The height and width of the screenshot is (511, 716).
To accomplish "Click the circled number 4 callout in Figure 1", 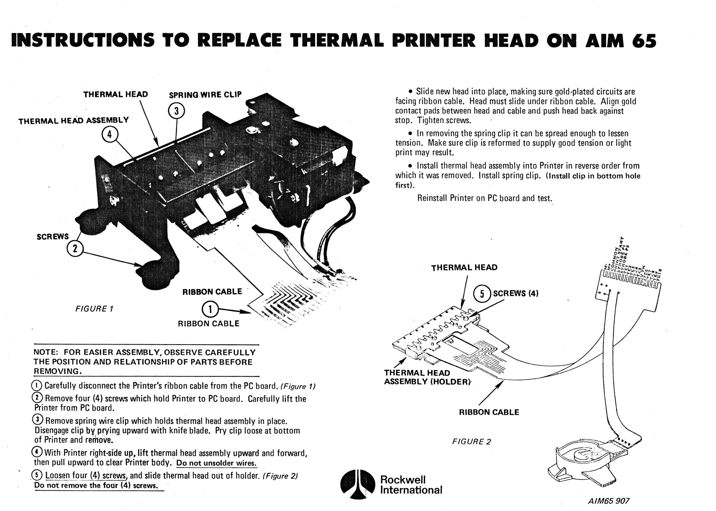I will pos(109,135).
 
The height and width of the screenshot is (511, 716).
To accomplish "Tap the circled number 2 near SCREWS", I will pos(75,249).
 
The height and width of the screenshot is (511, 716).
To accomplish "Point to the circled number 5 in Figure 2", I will pos(482,294).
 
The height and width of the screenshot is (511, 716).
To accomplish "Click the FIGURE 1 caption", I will pos(94,309).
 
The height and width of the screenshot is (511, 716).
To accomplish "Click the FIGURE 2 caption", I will pos(471,441).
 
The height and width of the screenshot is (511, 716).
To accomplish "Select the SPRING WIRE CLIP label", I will pos(205,95).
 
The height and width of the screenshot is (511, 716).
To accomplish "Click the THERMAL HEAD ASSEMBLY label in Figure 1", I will pos(73,121).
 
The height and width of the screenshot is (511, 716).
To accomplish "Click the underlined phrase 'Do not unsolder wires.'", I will pos(217,463).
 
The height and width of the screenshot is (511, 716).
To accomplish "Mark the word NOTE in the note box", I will pos(47,352).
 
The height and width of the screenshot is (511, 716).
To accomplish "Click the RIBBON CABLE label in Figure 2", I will pos(489,412).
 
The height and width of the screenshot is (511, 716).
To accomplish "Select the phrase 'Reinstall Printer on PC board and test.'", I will pos(484,198).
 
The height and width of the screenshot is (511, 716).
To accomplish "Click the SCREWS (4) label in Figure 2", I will pos(515,293).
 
